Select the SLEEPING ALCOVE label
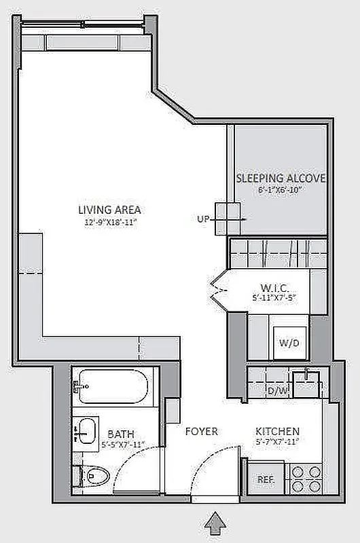coord(281,179)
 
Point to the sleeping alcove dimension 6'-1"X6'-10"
coord(280,191)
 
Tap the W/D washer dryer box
coord(286,342)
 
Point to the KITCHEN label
coord(277,432)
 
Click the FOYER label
coord(202,432)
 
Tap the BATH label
coord(120,434)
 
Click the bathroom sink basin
coord(86,429)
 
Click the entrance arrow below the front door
coord(215,523)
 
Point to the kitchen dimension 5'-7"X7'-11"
coord(277,443)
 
